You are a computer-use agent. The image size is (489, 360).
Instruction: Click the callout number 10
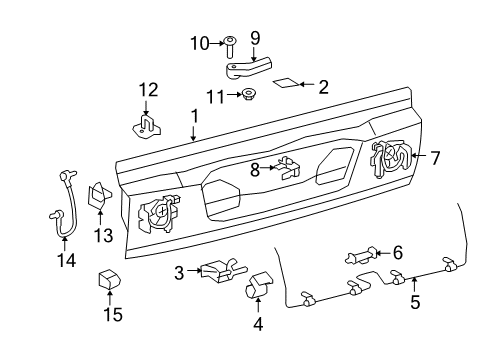(x=200, y=44)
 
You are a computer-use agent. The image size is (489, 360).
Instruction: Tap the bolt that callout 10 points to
(x=230, y=46)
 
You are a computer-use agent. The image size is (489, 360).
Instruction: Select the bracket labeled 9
(x=248, y=68)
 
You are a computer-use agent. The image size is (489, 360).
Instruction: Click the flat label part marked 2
(x=286, y=83)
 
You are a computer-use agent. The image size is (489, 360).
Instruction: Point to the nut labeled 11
(x=247, y=95)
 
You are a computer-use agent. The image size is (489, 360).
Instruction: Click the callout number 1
(x=194, y=117)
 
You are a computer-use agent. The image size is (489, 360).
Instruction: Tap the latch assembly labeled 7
(x=391, y=158)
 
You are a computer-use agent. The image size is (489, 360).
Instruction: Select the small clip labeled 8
(x=287, y=168)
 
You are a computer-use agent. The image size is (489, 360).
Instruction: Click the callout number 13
(x=103, y=236)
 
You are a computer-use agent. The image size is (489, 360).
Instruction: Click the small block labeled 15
(x=109, y=279)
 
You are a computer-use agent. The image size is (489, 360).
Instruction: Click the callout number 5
(x=415, y=302)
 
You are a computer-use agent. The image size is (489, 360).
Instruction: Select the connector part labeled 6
(x=362, y=256)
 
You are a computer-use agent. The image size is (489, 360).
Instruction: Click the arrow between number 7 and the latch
(x=419, y=155)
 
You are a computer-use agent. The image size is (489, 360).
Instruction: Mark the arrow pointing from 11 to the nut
(x=234, y=95)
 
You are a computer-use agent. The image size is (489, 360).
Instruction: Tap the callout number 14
(x=67, y=260)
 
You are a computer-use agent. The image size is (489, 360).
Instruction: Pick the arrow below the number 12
(x=145, y=108)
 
